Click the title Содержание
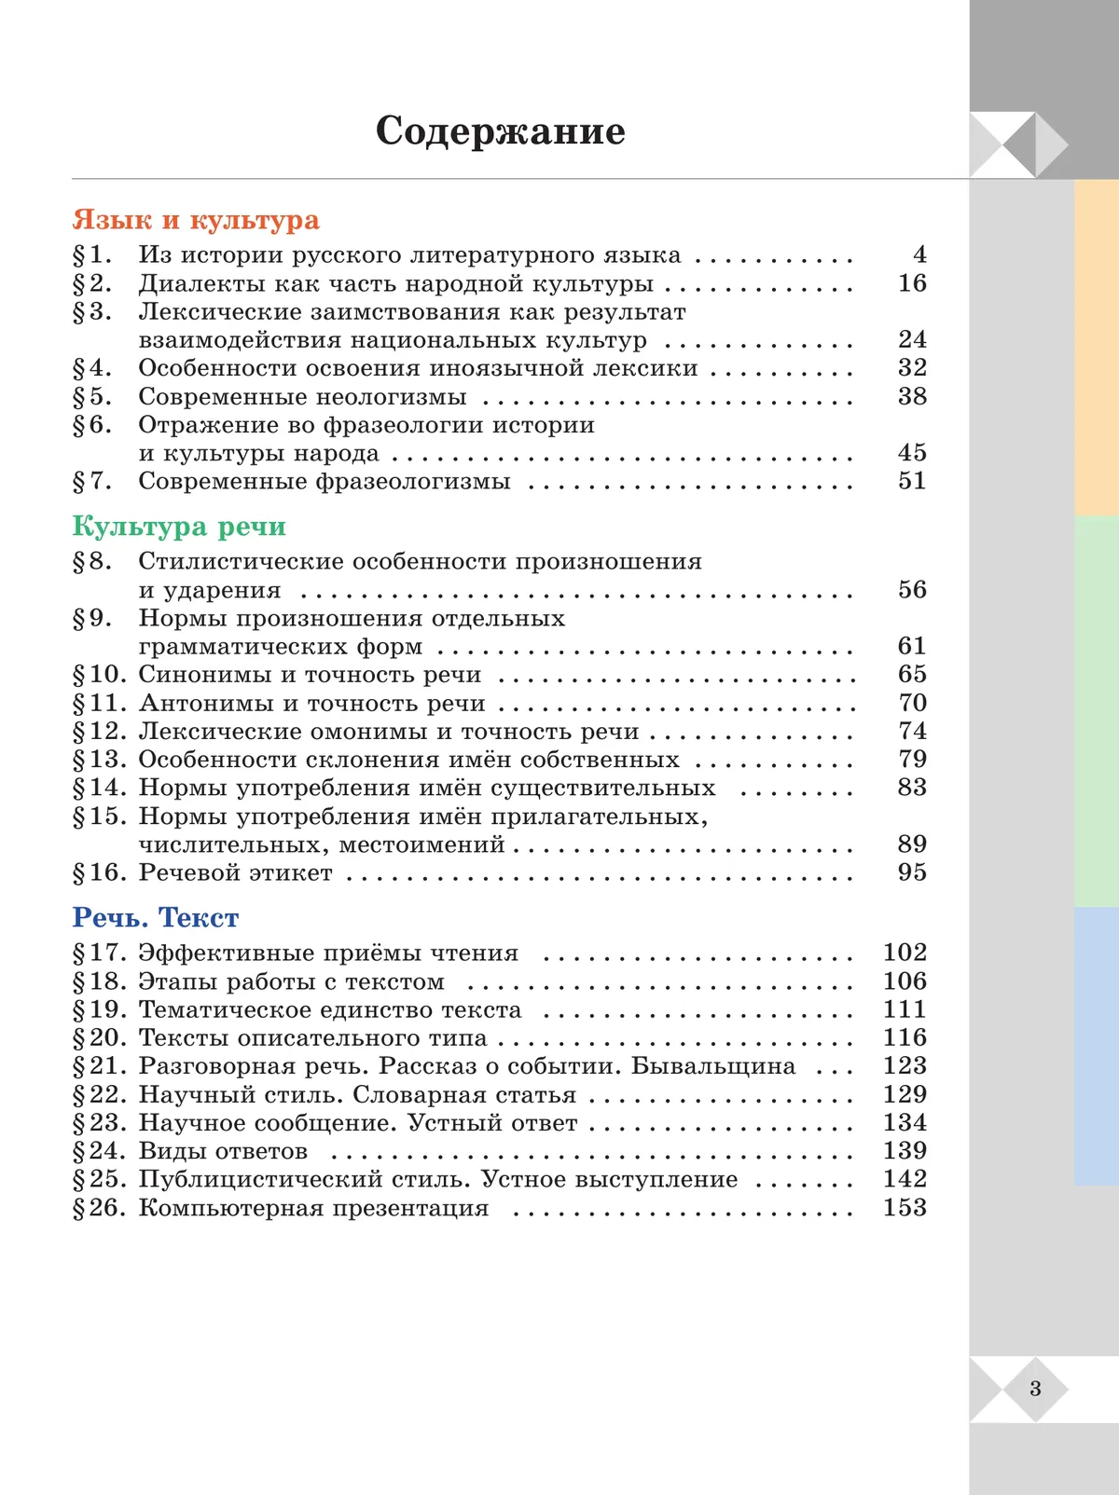point(500,131)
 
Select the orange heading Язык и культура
point(196,220)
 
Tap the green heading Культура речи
point(179,527)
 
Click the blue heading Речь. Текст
point(156,918)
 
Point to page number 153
point(905,1208)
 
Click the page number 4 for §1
point(919,254)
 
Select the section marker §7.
point(92,482)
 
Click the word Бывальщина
point(713,1066)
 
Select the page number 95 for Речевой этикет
point(912,872)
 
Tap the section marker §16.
point(99,872)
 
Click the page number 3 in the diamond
point(1035,1389)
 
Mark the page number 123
point(905,1066)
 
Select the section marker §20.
point(99,1038)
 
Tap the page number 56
point(912,590)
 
